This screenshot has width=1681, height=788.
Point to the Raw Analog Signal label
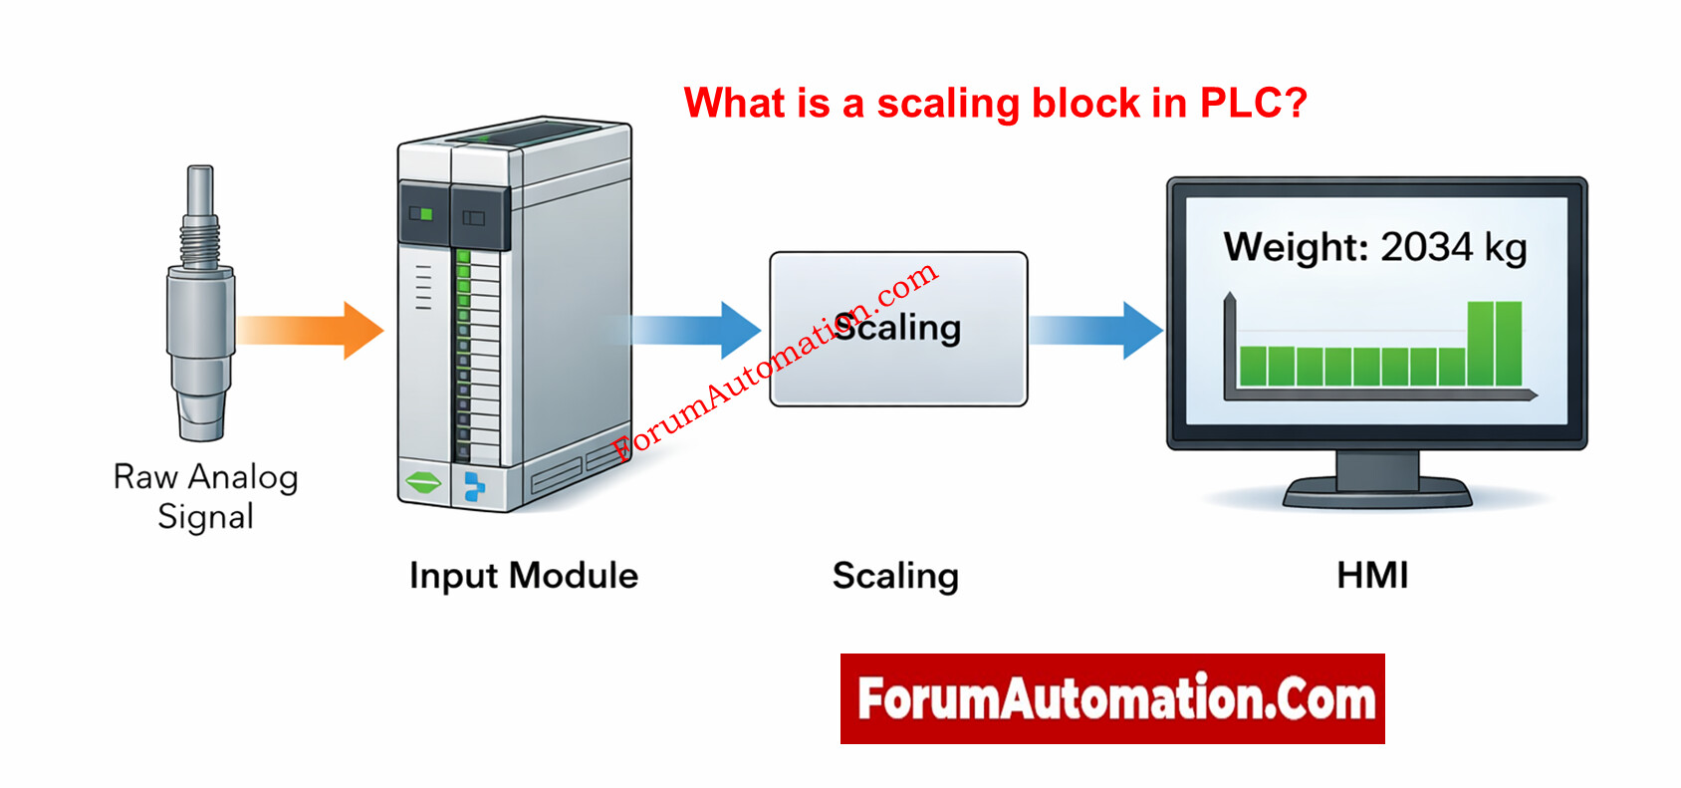(x=206, y=496)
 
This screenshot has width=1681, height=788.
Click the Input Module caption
(x=524, y=576)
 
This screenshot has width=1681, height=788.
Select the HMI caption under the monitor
(x=1372, y=576)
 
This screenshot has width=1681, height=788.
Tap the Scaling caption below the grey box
(x=895, y=576)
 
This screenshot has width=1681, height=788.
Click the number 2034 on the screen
(x=1426, y=247)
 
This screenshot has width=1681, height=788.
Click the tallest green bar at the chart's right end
(x=1495, y=343)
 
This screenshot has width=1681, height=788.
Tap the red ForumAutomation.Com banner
(x=1112, y=698)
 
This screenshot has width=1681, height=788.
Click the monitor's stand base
(x=1377, y=493)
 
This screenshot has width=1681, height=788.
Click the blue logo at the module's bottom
(x=475, y=486)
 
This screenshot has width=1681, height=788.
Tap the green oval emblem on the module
(x=423, y=484)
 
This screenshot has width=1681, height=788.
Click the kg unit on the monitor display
(x=1505, y=248)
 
